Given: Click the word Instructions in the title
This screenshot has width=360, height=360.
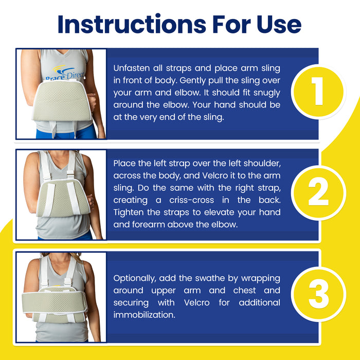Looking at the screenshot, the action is tap(132, 24).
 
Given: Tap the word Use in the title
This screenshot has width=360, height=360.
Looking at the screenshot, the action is tap(279, 24).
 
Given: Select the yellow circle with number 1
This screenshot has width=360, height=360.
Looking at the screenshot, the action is tap(318, 92).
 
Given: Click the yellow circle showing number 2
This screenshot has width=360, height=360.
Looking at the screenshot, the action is tap(318, 193).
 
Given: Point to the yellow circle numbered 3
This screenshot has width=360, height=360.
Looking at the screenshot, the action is tap(318, 294).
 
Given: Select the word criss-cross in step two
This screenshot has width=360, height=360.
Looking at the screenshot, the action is tap(191, 200).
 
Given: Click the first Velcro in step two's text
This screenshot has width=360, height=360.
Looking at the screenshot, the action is tap(215, 176).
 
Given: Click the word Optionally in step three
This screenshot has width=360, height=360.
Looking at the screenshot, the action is tap(135, 279).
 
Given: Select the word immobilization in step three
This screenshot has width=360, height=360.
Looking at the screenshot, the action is tap(144, 315).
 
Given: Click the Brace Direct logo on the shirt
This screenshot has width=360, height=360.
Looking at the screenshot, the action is tap(65, 73).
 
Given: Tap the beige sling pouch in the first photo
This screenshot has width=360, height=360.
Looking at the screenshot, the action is tap(62, 101).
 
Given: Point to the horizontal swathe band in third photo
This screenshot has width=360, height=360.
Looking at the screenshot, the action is tap(55, 302).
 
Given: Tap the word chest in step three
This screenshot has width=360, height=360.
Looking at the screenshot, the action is tap(244, 291).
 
